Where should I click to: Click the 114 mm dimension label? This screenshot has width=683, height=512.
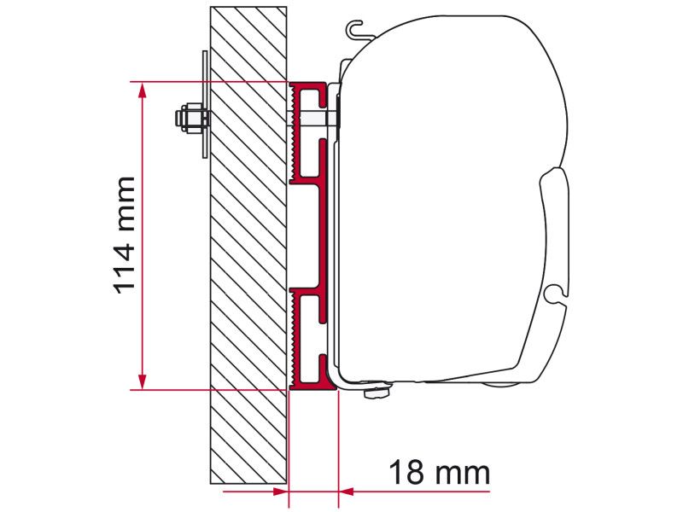[x=125, y=235]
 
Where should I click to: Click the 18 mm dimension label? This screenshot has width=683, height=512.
[x=439, y=471]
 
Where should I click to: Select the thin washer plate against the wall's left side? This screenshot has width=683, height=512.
[x=205, y=103]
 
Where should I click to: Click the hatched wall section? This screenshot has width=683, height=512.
[x=248, y=256]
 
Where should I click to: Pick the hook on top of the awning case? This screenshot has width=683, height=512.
[x=359, y=32]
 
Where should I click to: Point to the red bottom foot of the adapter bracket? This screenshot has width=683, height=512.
[x=312, y=384]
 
